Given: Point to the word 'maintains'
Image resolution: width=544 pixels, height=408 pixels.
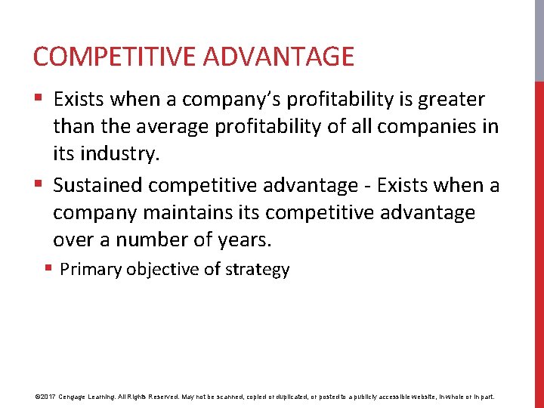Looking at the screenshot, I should pos(181,213).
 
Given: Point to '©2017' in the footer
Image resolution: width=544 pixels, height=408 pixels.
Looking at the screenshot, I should pos(46,396).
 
